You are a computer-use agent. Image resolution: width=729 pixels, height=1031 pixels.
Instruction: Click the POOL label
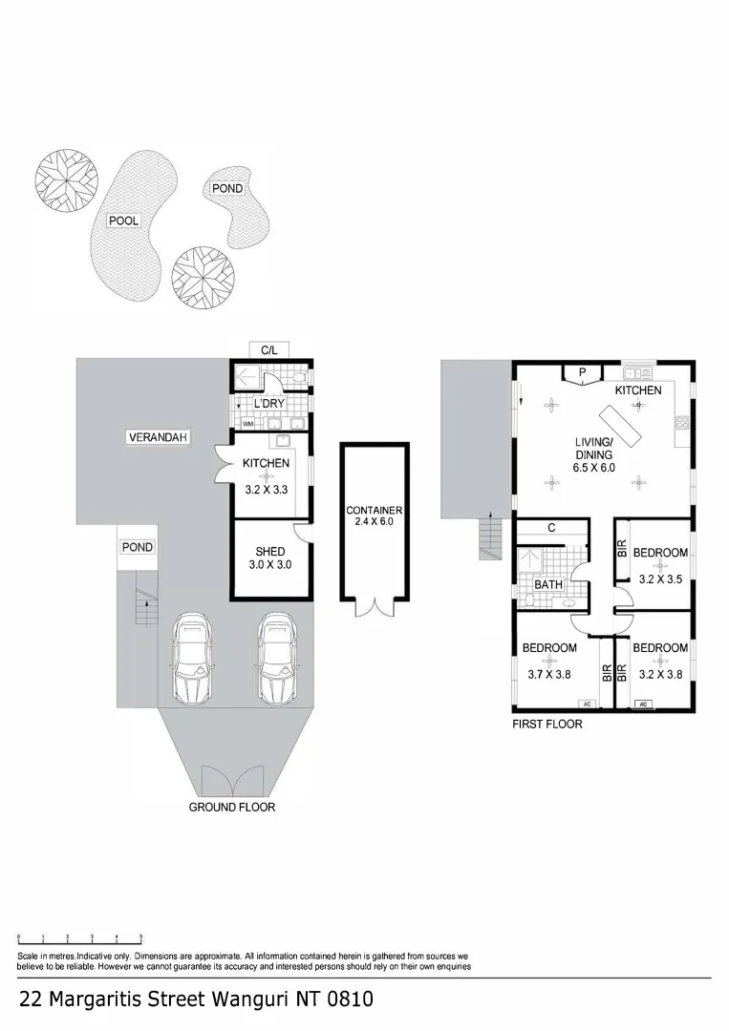(123, 221)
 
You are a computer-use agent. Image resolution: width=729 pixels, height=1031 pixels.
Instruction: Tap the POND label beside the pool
(226, 188)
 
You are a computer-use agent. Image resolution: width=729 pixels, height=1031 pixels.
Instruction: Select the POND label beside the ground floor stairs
(137, 547)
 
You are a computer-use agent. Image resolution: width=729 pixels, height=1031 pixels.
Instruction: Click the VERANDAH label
(158, 437)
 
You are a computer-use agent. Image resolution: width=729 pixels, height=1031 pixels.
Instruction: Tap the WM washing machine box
(247, 424)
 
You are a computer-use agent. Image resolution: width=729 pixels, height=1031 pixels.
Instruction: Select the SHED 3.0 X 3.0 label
(271, 558)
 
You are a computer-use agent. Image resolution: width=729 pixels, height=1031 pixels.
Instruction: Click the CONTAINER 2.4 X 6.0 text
(374, 516)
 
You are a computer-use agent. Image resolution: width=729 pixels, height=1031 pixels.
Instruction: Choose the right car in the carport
(277, 660)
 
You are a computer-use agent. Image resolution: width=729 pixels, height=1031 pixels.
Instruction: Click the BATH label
(548, 584)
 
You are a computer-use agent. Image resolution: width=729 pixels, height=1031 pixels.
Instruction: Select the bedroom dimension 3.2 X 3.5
(659, 578)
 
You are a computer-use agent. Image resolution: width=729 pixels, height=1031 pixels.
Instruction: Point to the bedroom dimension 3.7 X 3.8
(549, 674)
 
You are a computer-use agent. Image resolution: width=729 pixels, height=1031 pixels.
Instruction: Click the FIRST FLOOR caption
(547, 725)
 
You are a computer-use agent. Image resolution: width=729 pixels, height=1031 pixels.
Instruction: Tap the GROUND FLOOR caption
(231, 807)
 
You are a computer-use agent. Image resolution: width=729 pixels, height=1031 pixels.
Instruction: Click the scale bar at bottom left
(80, 940)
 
